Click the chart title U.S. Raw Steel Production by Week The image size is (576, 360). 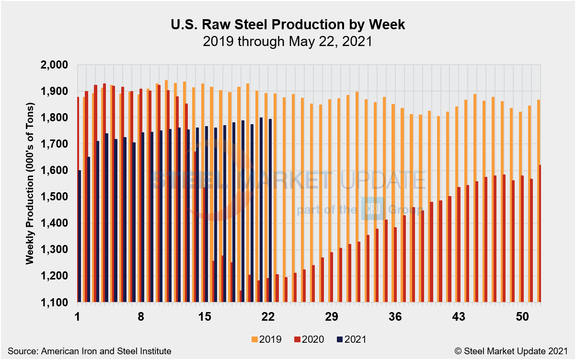288,25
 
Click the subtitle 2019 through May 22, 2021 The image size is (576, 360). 288,42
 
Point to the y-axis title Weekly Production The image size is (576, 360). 30,183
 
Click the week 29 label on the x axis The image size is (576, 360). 332,317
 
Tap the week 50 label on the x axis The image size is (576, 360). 522,317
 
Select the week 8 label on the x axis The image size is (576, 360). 141,317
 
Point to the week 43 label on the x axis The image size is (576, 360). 459,317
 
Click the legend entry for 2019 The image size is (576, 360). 266,339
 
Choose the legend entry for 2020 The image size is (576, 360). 309,339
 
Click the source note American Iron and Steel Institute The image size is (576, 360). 89,351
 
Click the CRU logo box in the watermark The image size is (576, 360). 370,209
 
